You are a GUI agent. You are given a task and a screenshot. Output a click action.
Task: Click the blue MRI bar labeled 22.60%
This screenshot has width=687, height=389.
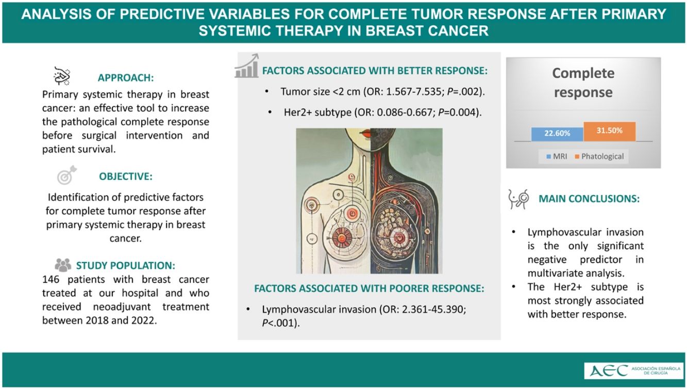pos(557,134)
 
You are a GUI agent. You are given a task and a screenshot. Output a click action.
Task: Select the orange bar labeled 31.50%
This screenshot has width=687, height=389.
pos(609,132)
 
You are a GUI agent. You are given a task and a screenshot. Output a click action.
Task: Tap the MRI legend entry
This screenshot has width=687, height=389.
pos(557,156)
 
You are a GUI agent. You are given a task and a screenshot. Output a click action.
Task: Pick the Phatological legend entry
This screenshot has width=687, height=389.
pos(599,156)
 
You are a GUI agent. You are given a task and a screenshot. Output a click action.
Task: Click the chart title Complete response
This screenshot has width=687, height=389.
pos(583,83)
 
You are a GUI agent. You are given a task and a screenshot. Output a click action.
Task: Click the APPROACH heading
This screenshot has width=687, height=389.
pos(126,78)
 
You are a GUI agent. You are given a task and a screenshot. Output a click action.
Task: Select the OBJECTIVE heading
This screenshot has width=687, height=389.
pos(126,176)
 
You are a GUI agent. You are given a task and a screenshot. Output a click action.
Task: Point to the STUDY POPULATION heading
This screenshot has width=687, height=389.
pos(126,265)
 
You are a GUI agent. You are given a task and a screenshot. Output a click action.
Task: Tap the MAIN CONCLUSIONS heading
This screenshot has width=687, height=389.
pos(589,199)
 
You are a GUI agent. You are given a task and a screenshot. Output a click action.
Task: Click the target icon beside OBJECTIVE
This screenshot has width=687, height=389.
pos(66,175)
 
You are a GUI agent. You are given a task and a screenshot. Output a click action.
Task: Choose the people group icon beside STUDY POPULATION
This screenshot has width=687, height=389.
pos(63,265)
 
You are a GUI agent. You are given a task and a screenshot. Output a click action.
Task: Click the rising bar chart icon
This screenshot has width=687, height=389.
pos(247,66)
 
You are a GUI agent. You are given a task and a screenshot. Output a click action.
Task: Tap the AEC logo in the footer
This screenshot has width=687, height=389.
pos(634,370)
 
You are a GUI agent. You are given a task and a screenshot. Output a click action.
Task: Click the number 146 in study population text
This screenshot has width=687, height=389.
pos(51,280)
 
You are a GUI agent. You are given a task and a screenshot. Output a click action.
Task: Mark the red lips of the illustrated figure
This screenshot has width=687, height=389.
pos(366,134)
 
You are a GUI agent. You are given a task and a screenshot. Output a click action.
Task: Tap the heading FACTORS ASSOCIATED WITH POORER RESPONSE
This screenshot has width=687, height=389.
pos(369,288)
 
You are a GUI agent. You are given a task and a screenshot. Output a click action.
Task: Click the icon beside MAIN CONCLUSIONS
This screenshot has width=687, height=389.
pos(518,199)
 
